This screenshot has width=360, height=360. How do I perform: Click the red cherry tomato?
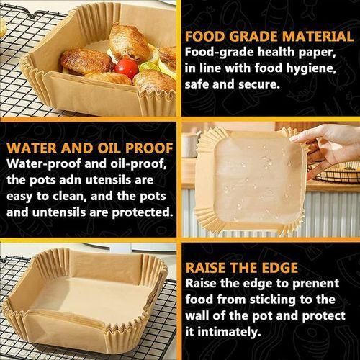point(126,68)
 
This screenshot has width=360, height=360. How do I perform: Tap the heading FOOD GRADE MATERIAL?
point(269,37)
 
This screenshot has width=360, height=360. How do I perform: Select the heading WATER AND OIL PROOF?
point(90,148)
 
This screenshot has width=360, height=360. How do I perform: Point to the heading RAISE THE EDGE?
point(242,268)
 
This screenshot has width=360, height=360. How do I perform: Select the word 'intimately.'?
point(230,332)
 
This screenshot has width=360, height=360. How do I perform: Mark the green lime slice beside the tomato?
point(149,67)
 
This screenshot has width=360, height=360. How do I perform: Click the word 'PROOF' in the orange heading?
point(149,148)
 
